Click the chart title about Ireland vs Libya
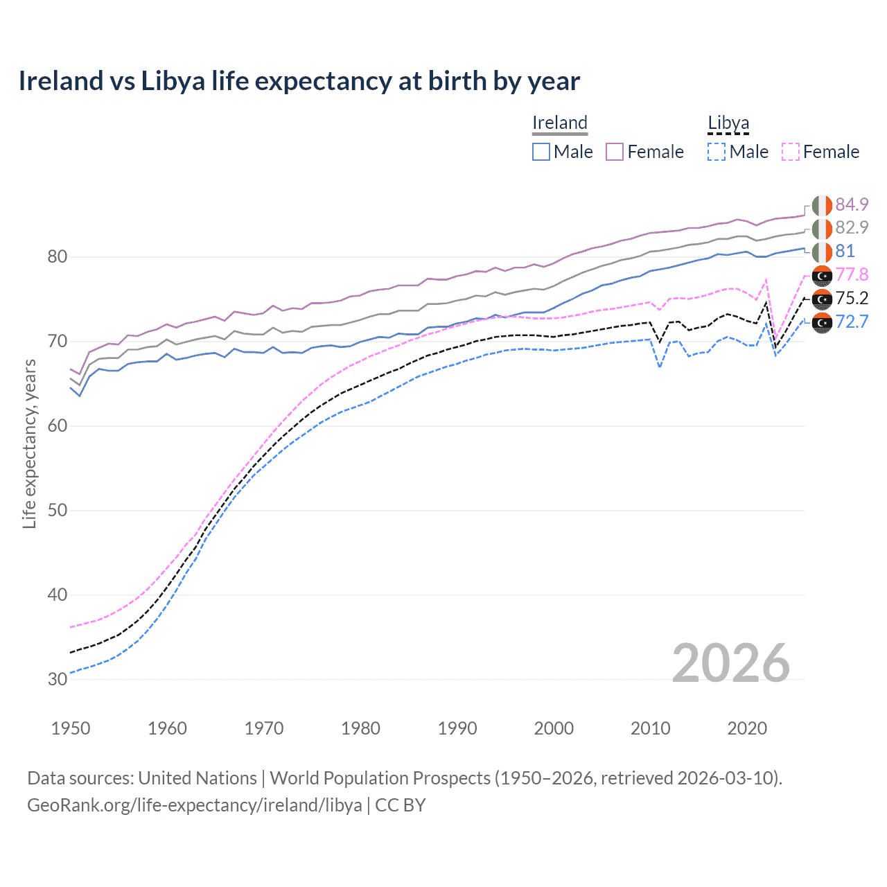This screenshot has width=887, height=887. click(299, 81)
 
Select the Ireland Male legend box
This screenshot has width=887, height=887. click(541, 152)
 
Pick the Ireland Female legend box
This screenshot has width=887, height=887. click(615, 152)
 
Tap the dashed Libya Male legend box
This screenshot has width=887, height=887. click(717, 152)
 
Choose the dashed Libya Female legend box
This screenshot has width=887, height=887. click(791, 152)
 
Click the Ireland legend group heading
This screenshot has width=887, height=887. click(560, 123)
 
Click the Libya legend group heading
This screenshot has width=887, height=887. click(728, 123)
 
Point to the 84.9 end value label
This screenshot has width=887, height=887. click(852, 204)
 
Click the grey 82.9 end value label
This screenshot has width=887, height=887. click(852, 228)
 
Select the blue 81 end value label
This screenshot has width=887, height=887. click(845, 251)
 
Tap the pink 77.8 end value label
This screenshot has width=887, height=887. click(852, 274)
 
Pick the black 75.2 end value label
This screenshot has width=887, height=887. click(852, 298)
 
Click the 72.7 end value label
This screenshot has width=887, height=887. click(852, 322)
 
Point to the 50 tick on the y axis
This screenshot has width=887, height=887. click(58, 511)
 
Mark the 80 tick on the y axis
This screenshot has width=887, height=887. click(58, 257)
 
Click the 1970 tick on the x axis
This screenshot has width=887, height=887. click(264, 728)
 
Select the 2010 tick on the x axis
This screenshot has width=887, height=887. click(650, 728)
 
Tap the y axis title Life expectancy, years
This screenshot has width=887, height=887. click(29, 443)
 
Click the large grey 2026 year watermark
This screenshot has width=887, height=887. click(730, 663)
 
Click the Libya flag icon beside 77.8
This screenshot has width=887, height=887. click(822, 275)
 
